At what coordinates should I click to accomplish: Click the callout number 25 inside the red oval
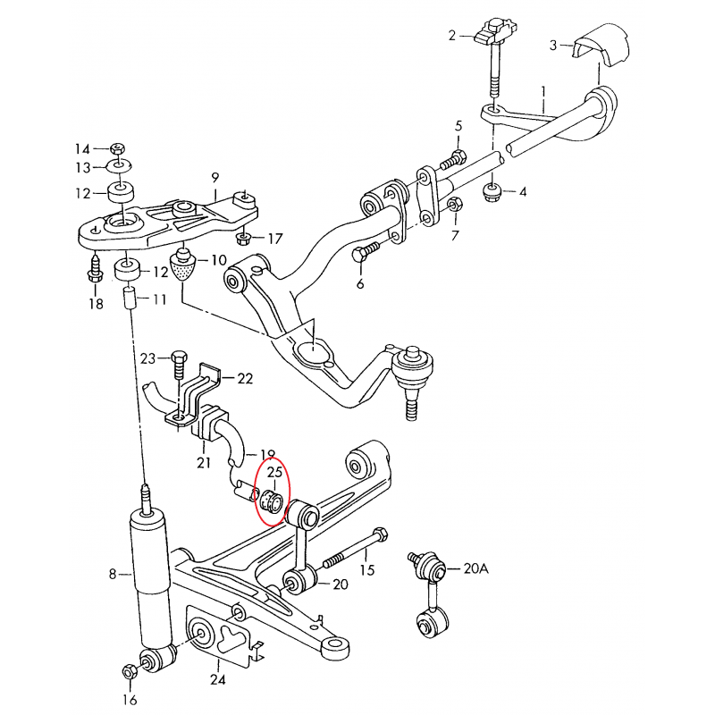click(274, 471)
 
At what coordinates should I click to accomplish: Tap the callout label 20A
click(476, 568)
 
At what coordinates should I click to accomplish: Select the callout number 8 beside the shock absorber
click(113, 574)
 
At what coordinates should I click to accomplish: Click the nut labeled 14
click(118, 147)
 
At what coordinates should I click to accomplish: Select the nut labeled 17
click(242, 239)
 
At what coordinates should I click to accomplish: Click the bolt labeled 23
click(178, 360)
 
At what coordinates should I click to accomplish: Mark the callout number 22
click(244, 378)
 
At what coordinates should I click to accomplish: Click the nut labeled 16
click(130, 670)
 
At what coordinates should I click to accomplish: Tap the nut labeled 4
click(490, 190)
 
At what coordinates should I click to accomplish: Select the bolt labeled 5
click(453, 161)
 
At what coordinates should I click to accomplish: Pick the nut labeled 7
click(453, 205)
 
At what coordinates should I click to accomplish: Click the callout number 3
click(553, 44)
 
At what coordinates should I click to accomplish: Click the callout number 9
click(214, 178)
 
